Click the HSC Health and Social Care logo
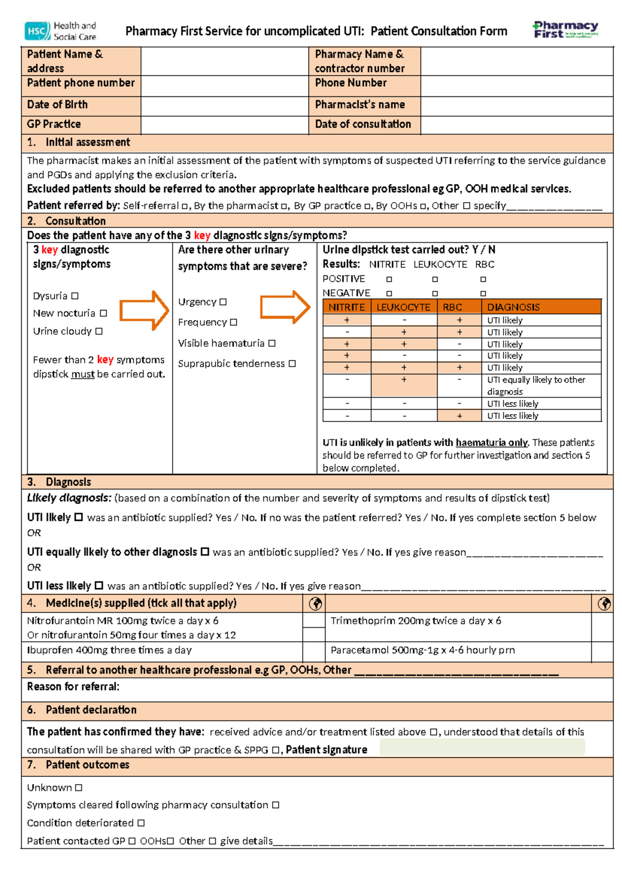pyautogui.click(x=60, y=31)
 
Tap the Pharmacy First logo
pyautogui.click(x=566, y=30)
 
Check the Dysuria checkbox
pyautogui.click(x=75, y=296)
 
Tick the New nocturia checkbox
pyautogui.click(x=103, y=313)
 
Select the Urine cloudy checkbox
pyautogui.click(x=99, y=331)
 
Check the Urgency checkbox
pyautogui.click(x=223, y=302)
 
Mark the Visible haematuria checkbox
pyautogui.click(x=272, y=343)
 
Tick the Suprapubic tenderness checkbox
pyautogui.click(x=292, y=364)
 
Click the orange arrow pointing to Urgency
pyautogui.click(x=144, y=310)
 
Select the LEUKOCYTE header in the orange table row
pyautogui.click(x=403, y=307)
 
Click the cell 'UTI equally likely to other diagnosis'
pyautogui.click(x=536, y=386)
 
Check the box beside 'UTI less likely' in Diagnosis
pyautogui.click(x=98, y=586)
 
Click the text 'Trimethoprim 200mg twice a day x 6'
pyautogui.click(x=416, y=621)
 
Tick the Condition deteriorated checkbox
pyautogui.click(x=141, y=823)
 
